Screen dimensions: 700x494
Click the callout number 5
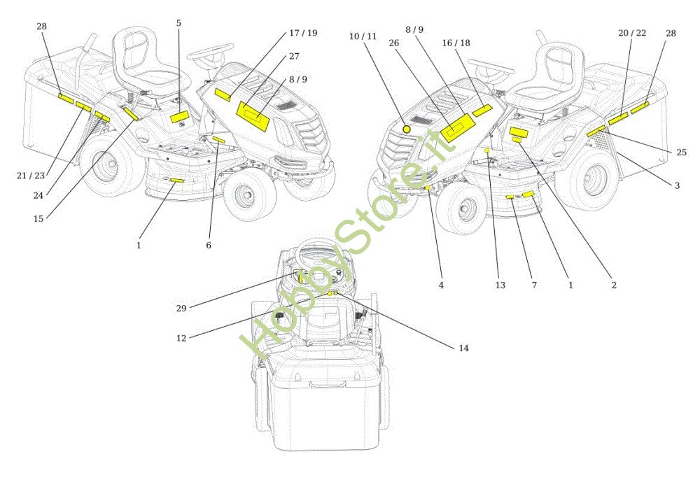tap(178, 23)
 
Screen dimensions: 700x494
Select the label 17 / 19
tap(303, 33)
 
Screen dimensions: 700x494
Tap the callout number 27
tap(294, 56)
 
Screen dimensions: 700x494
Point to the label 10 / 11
tap(363, 36)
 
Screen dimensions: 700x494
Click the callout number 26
tap(393, 43)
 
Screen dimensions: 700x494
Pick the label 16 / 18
tap(456, 43)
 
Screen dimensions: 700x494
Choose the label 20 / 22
tap(632, 33)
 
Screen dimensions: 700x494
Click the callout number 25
tap(681, 153)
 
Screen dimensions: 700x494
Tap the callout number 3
tap(677, 185)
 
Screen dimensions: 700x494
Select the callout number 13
tap(500, 285)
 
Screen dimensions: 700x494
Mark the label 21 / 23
tap(31, 176)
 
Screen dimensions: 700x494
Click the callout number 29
tap(181, 309)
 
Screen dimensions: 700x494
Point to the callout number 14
tap(464, 348)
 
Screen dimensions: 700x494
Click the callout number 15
tap(38, 219)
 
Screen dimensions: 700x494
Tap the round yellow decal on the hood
tap(406, 129)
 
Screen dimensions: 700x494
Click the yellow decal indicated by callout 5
tap(180, 117)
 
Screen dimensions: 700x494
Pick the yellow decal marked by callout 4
tap(428, 188)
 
